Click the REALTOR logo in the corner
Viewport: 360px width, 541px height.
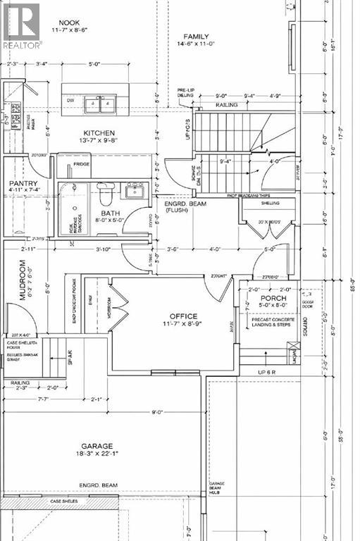[x=21, y=25]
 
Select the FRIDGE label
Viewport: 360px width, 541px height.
[x=82, y=164]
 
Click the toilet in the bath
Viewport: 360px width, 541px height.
[x=104, y=193]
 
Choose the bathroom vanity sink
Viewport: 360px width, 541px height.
[x=133, y=190]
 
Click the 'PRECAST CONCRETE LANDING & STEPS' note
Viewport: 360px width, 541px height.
[x=273, y=323]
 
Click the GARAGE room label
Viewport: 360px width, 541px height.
[x=101, y=445]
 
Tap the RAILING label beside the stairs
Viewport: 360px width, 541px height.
[x=228, y=105]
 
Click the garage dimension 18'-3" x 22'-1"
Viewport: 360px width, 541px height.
[x=101, y=455]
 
